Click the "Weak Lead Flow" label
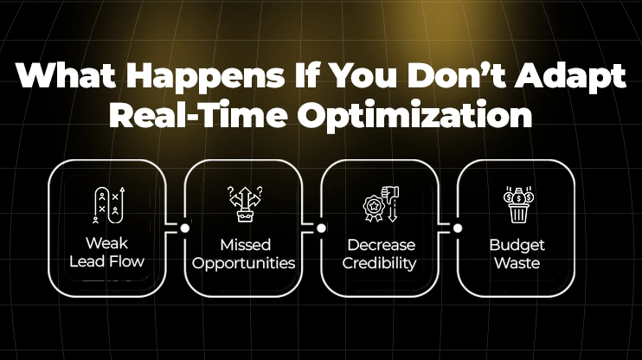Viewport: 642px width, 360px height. pyautogui.click(x=108, y=253)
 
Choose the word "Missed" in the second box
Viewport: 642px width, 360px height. pyautogui.click(x=244, y=244)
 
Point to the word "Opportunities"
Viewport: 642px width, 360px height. pyautogui.click(x=244, y=262)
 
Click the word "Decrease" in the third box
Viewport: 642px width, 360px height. pyautogui.click(x=381, y=244)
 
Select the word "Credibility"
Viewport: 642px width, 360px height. pyautogui.click(x=381, y=262)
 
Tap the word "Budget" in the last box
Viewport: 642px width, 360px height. pyautogui.click(x=517, y=244)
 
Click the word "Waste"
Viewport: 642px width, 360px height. pyautogui.click(x=517, y=262)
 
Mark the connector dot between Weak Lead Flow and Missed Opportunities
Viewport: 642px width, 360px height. pyautogui.click(x=184, y=228)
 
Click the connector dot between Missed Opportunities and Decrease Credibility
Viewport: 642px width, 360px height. pyautogui.click(x=321, y=228)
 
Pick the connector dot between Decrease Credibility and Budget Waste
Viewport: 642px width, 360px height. pyautogui.click(x=458, y=228)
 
